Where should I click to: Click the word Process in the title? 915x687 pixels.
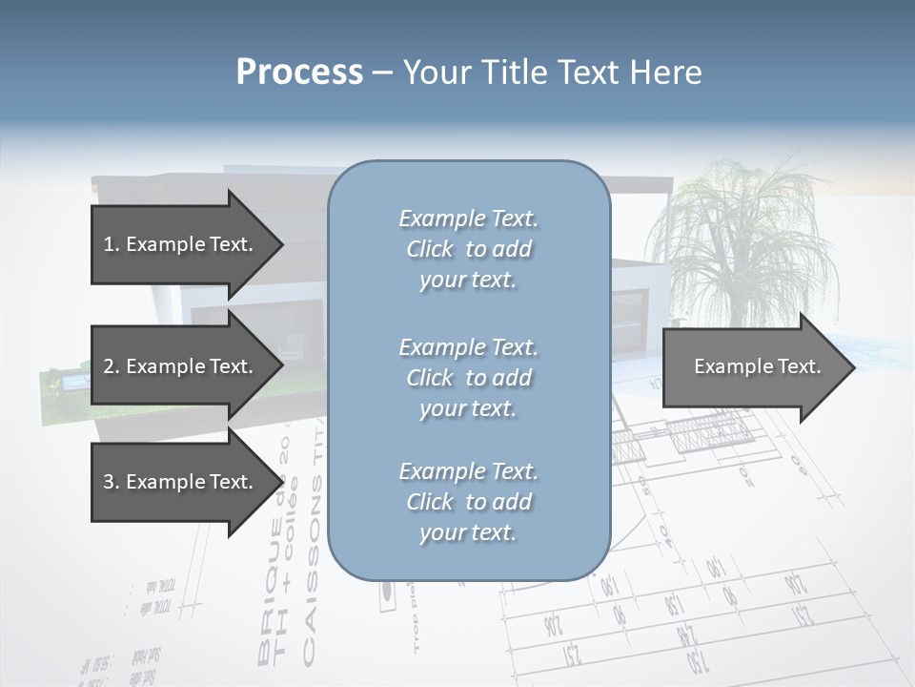tap(299, 73)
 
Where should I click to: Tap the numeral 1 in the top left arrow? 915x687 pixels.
tap(109, 244)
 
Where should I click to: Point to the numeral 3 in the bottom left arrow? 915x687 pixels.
tap(109, 482)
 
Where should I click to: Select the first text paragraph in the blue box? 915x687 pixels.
tap(468, 249)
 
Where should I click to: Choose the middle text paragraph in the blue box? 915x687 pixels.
tap(468, 378)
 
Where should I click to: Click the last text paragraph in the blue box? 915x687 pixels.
tap(468, 502)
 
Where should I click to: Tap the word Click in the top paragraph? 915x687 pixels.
tap(430, 249)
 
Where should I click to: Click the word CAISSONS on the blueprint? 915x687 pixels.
tap(311, 592)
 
